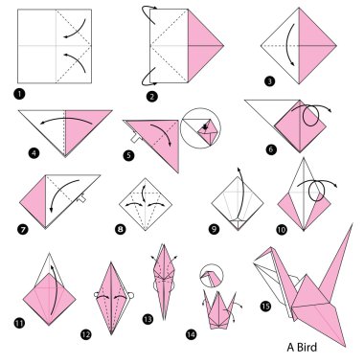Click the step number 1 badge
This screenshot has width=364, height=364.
[20, 94]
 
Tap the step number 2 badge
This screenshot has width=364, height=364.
[152, 96]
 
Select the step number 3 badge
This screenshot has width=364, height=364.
[269, 81]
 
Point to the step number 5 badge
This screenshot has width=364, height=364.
[128, 155]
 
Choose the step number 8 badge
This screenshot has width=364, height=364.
[121, 229]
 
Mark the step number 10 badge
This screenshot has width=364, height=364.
[282, 229]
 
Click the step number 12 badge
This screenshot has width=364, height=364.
[86, 334]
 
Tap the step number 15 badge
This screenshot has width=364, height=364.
[265, 307]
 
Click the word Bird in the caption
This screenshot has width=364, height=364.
[307, 347]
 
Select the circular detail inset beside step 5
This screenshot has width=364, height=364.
[200, 127]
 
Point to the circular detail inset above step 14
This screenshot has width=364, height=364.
[211, 276]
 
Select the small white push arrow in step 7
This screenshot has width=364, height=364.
[81, 198]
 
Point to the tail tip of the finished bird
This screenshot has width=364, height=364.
[353, 224]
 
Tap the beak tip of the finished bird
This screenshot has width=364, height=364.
[254, 262]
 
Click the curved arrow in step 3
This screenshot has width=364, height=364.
[288, 44]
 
